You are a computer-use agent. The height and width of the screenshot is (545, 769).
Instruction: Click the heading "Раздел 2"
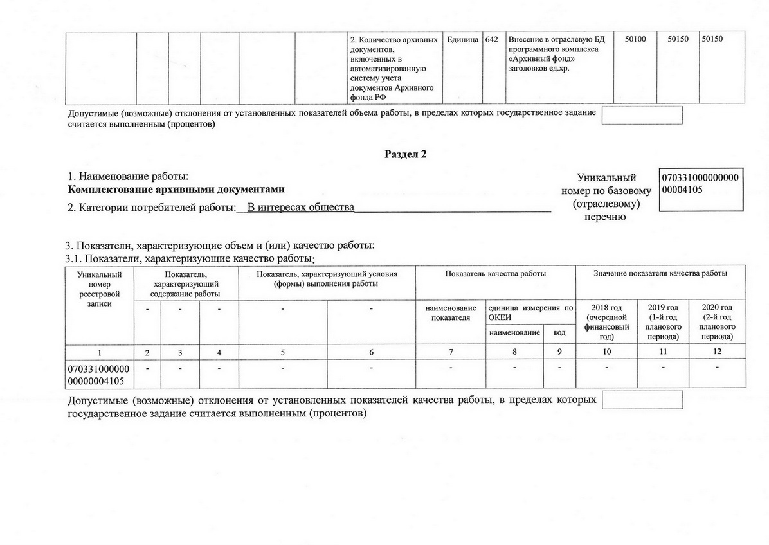[405, 154]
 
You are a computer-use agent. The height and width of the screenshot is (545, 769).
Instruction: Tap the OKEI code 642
[492, 40]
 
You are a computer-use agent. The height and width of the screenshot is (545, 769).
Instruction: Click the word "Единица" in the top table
[462, 40]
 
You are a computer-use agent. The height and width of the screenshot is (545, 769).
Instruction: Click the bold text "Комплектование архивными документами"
[176, 190]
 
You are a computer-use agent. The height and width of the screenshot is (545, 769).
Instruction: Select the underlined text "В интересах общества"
[301, 208]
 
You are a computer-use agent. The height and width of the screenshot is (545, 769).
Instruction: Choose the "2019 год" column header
[662, 322]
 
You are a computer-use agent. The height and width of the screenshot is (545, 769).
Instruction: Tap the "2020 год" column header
[717, 322]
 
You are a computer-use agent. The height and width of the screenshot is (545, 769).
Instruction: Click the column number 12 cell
[717, 352]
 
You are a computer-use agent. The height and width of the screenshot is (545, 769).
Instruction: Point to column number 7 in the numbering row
[451, 352]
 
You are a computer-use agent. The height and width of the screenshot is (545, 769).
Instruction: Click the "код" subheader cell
[559, 333]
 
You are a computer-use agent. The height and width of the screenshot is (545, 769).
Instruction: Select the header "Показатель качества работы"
[495, 274]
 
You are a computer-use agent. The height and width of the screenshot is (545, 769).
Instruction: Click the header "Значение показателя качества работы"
[660, 274]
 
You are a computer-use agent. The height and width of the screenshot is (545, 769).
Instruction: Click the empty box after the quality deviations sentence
[642, 400]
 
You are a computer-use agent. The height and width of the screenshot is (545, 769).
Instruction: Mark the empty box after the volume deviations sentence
[642, 116]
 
